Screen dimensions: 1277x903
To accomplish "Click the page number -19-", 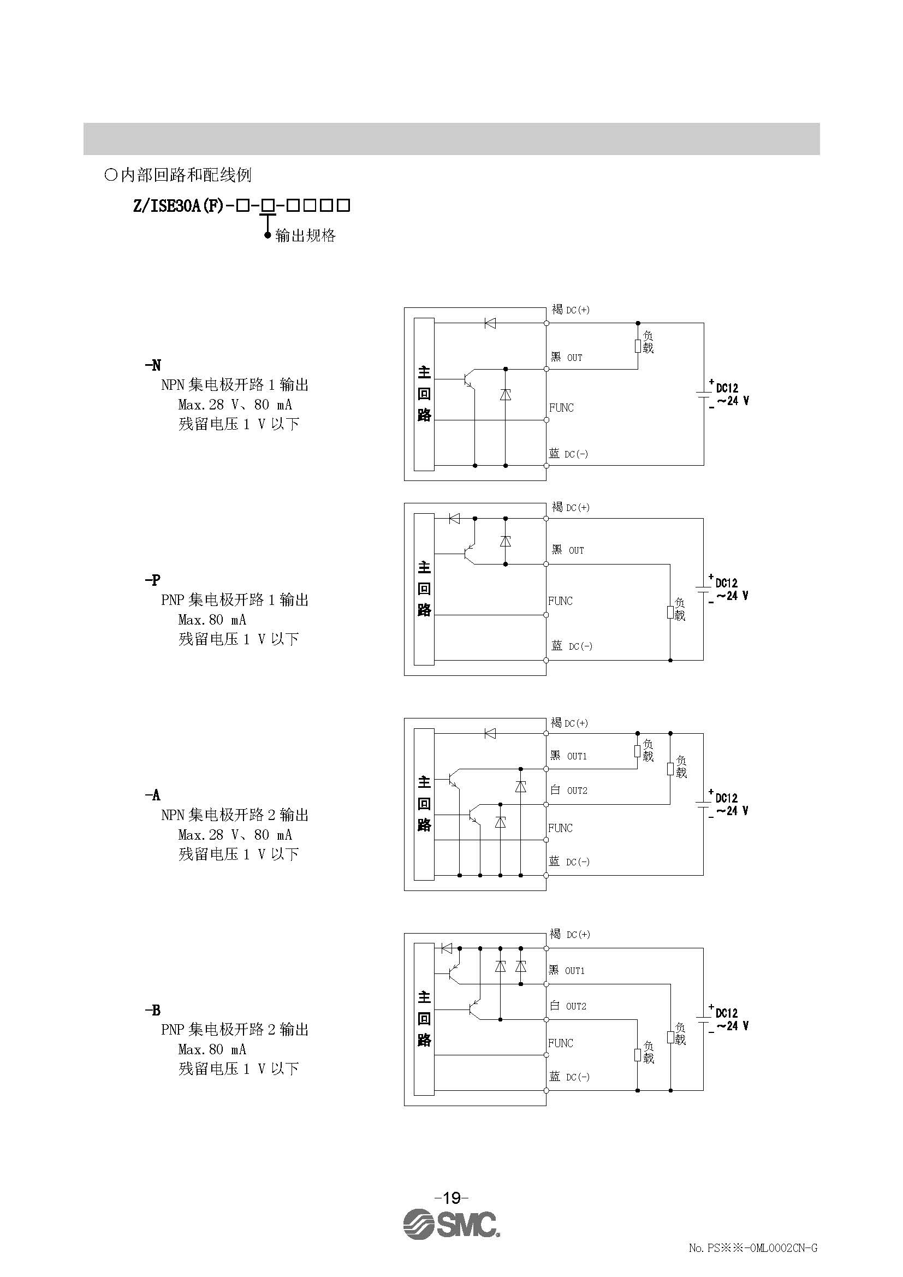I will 451,1196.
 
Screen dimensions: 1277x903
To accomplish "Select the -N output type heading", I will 153,365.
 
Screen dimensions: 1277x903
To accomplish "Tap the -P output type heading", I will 153,580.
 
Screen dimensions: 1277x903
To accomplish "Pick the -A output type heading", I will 153,795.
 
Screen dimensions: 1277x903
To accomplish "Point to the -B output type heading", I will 153,1010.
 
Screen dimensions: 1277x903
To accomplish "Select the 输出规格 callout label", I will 306,236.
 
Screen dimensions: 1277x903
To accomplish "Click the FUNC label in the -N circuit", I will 561,408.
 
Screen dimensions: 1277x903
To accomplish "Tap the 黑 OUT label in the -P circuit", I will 568,550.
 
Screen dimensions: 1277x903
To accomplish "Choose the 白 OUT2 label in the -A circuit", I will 568,791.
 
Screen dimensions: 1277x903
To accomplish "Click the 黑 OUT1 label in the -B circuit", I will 567,971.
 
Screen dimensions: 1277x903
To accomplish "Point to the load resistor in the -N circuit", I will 638,346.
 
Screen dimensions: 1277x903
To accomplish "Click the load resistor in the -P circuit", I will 670,612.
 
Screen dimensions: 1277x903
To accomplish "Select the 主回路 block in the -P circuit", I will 424,589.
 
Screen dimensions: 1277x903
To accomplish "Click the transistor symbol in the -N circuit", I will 469,379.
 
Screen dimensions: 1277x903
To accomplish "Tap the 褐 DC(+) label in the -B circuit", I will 570,934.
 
